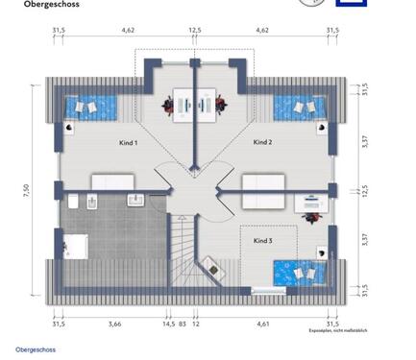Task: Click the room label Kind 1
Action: pos(129,143)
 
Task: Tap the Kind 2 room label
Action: pos(263,142)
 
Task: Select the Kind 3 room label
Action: pos(263,240)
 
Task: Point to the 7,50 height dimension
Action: pos(28,190)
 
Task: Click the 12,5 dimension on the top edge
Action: pos(195,31)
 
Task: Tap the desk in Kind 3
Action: pos(311,204)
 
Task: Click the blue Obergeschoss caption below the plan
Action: pos(36,349)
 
